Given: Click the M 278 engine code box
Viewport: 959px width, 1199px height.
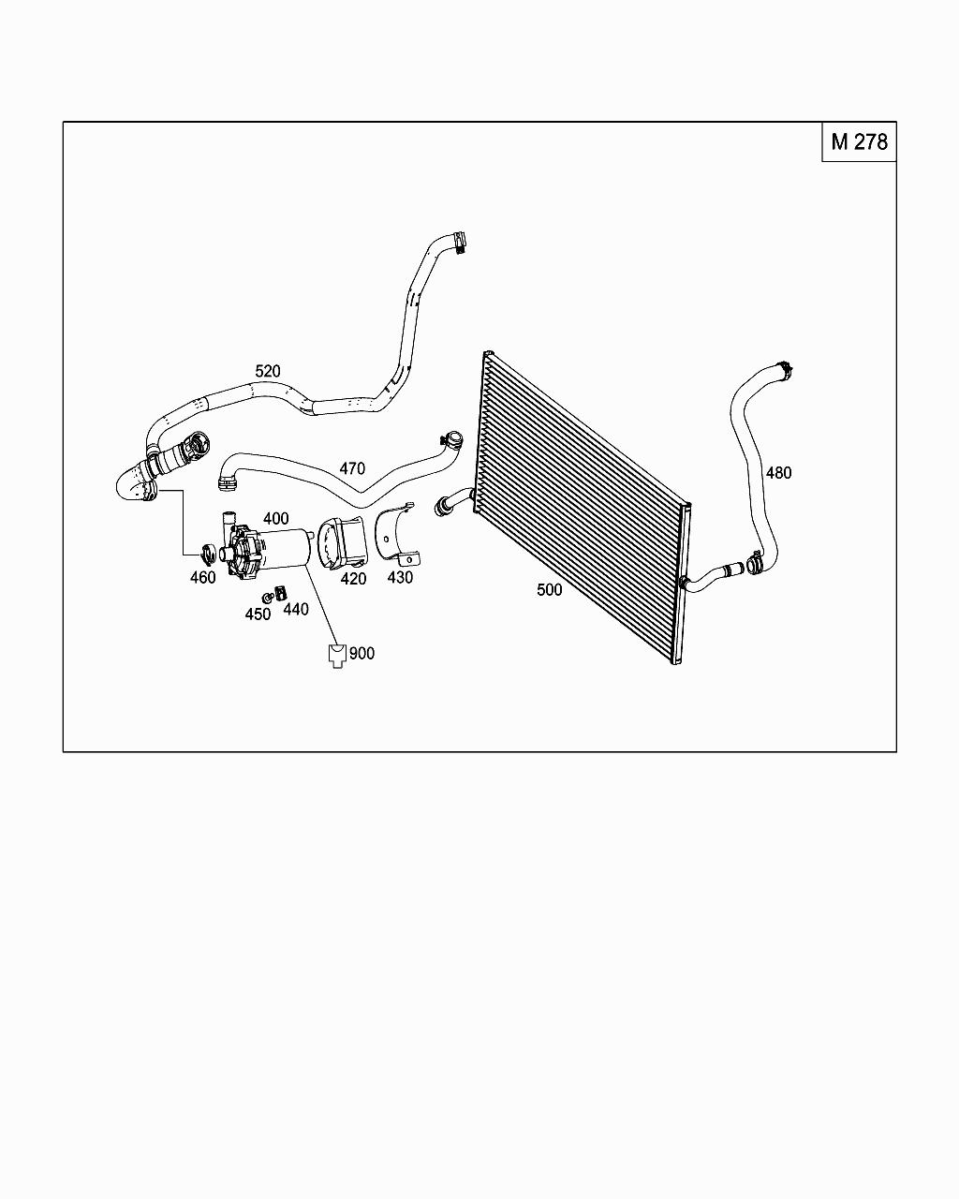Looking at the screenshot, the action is [859, 142].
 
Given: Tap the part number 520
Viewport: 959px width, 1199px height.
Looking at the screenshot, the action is [268, 371].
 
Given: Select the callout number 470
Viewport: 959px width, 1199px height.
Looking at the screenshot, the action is [352, 468].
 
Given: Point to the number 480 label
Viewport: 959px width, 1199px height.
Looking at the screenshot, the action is [778, 473].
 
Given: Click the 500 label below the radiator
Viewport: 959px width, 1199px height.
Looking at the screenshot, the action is [550, 590].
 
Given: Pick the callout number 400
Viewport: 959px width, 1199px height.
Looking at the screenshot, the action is [275, 518].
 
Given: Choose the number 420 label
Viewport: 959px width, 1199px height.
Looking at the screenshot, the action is [353, 579].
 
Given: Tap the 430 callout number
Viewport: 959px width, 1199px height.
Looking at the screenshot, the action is [400, 578].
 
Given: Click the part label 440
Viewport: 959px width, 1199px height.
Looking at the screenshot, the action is [296, 609].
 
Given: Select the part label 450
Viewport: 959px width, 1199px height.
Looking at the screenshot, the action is [258, 614].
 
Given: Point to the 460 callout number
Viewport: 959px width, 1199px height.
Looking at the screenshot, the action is [203, 578].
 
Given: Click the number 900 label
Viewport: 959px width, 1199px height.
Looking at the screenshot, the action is [361, 653].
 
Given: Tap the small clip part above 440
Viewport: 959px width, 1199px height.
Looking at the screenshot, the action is [280, 590].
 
